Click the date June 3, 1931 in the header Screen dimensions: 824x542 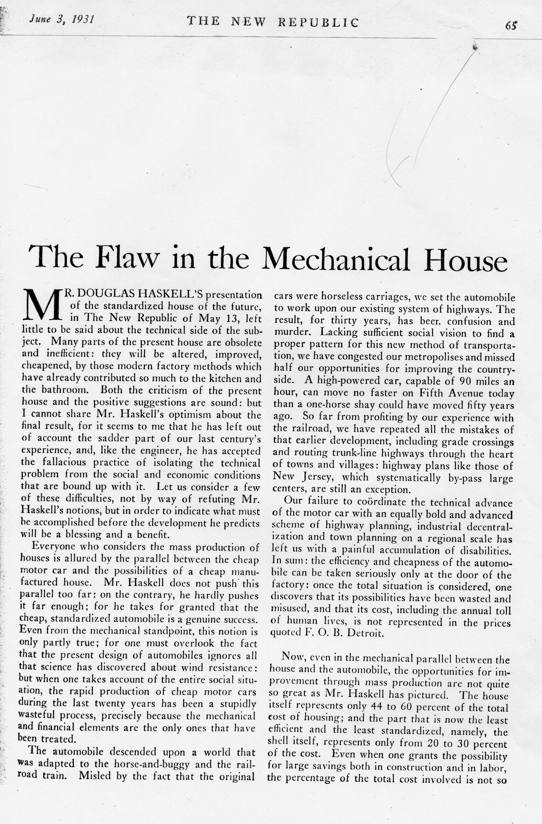tap(62, 19)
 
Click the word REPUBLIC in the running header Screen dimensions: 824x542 tap(319, 22)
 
